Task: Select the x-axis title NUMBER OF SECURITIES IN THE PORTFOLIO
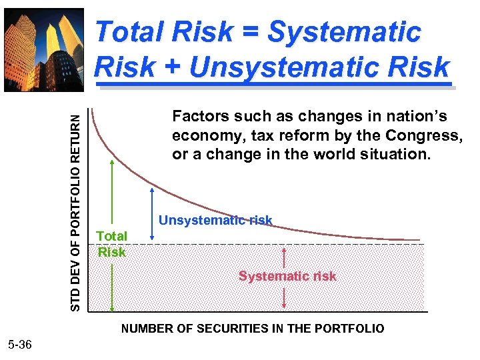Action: (252, 329)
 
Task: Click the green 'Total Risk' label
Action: (111, 244)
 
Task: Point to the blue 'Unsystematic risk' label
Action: (215, 221)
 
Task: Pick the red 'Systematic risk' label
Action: (287, 276)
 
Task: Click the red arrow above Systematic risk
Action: (285, 257)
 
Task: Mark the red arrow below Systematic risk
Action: (285, 297)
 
